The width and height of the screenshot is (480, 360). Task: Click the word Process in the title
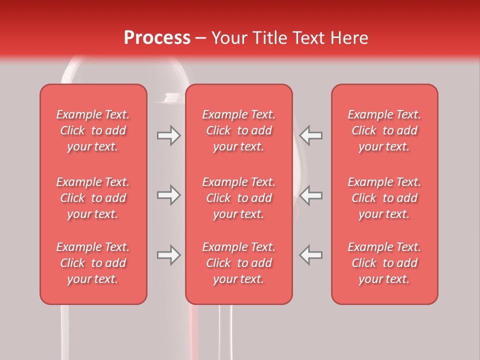157,38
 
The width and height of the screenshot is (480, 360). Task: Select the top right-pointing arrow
168,135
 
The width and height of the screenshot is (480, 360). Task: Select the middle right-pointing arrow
168,195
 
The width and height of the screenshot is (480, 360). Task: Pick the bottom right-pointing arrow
168,255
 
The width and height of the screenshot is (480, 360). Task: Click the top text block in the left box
93,130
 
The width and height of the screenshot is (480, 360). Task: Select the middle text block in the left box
93,198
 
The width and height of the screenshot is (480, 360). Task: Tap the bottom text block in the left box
93,263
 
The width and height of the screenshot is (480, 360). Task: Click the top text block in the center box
238,130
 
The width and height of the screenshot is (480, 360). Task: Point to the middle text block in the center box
238,198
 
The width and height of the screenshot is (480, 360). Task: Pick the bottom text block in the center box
238,263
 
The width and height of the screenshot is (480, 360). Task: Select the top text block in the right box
384,130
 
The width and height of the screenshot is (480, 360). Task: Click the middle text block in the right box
384,198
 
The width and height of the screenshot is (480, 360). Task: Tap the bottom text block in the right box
384,263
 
